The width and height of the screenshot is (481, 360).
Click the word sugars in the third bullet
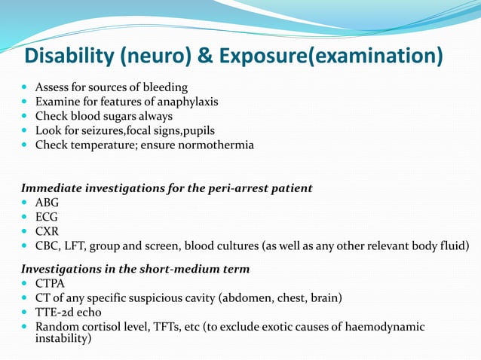point(122,116)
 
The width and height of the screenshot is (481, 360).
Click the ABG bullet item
point(47,202)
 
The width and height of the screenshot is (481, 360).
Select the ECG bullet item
point(47,216)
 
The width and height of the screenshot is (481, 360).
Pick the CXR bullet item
point(47,230)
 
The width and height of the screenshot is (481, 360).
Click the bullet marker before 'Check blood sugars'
point(26,117)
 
